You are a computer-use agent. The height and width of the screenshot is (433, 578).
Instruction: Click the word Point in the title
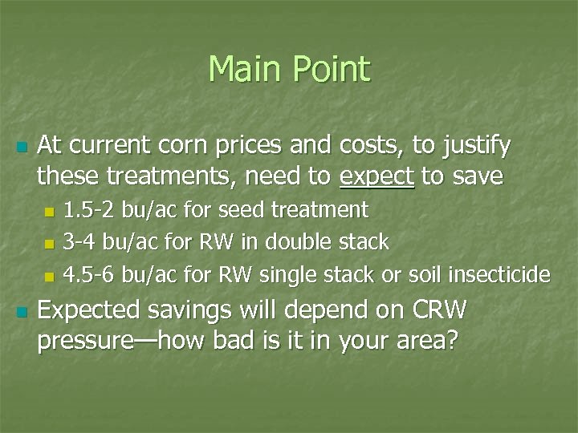(332, 69)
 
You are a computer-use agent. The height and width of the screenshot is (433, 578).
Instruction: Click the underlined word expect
(377, 176)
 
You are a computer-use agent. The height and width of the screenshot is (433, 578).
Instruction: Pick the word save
(474, 176)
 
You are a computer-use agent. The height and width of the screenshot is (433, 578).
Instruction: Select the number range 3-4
(79, 242)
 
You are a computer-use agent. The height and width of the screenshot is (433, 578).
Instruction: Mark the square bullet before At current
(22, 148)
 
